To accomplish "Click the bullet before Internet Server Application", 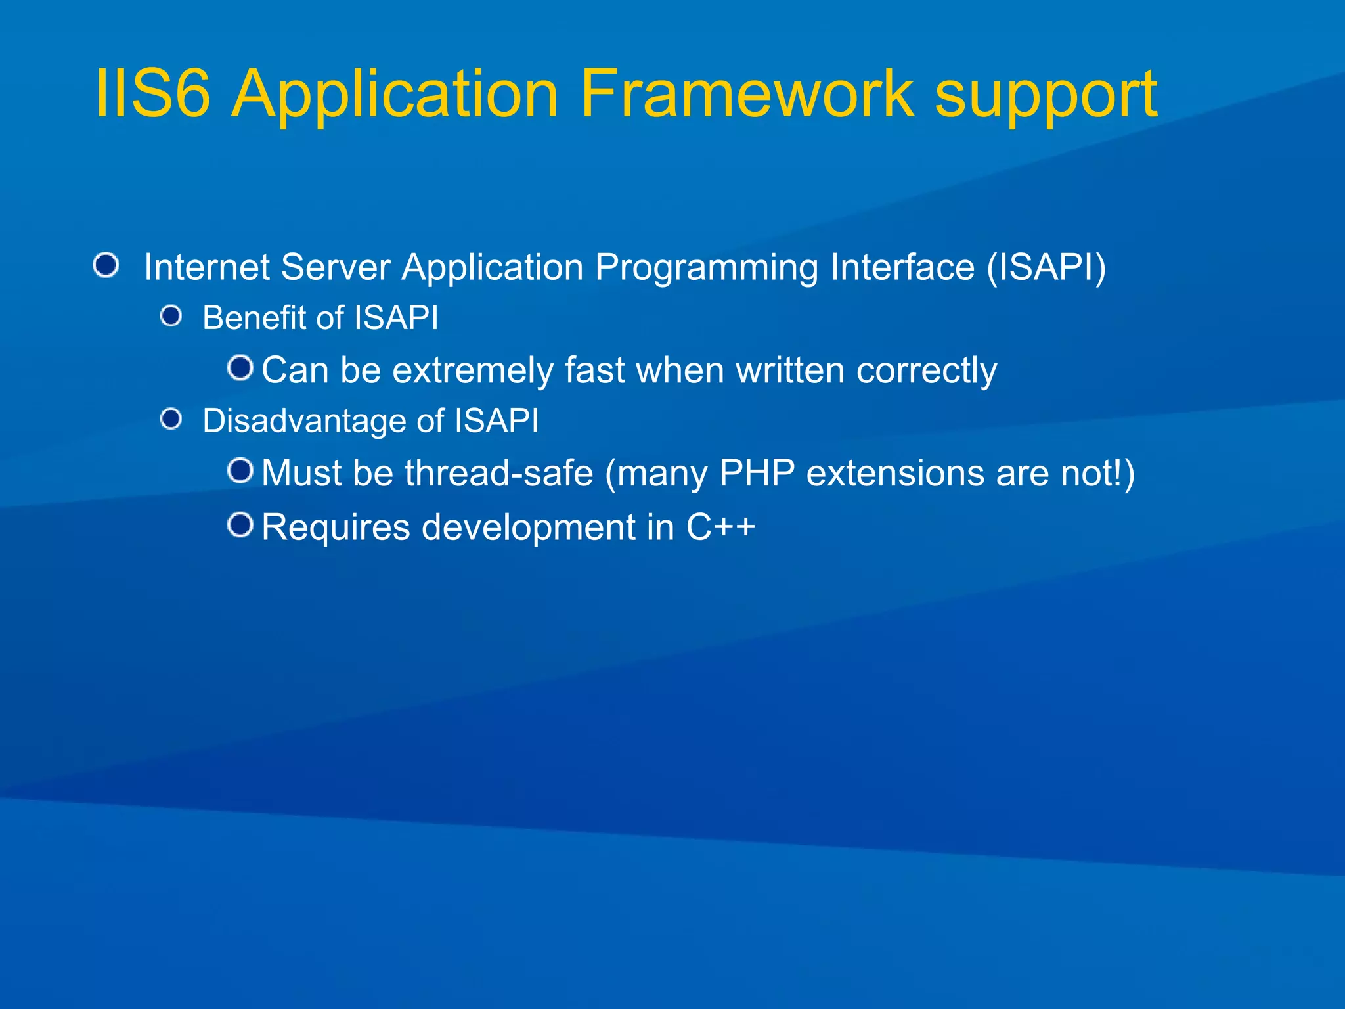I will pyautogui.click(x=106, y=265).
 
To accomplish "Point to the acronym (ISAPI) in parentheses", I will pyautogui.click(x=1046, y=267).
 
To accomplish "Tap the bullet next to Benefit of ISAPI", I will pyautogui.click(x=171, y=317).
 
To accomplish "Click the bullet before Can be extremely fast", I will pyautogui.click(x=240, y=368).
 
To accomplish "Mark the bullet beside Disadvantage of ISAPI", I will pyautogui.click(x=171, y=419).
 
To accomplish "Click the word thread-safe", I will pyautogui.click(x=499, y=473).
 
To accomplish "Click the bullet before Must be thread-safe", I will pyautogui.click(x=240, y=470).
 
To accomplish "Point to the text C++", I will pyautogui.click(x=720, y=527).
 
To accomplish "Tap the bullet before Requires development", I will pyautogui.click(x=240, y=525).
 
